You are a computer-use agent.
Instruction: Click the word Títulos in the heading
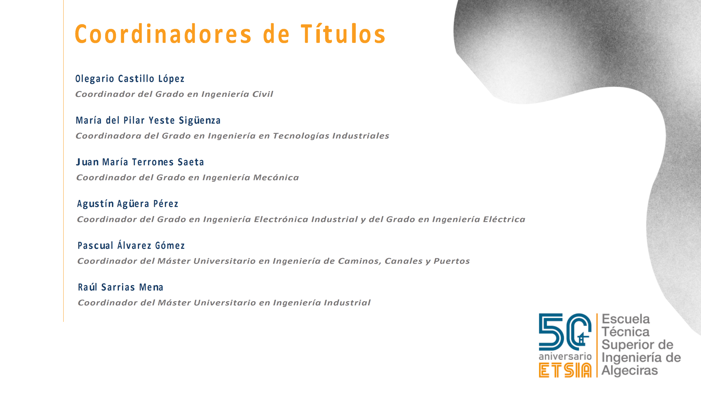(343, 34)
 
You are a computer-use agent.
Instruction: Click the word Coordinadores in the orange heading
(163, 34)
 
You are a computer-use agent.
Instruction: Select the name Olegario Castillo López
(130, 79)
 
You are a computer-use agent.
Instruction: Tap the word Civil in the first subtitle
(263, 94)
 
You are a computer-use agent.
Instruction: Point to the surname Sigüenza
(200, 120)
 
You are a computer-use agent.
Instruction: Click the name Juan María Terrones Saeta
(140, 162)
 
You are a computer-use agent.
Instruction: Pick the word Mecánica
(276, 178)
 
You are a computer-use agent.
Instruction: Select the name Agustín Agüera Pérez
(128, 204)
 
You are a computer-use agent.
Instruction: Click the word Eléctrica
(504, 219)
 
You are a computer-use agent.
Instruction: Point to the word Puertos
(452, 261)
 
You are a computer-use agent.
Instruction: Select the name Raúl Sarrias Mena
(120, 287)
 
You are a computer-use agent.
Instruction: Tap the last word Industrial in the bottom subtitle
(347, 303)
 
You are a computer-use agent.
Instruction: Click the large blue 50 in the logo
(565, 332)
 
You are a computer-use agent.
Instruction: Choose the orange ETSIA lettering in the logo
(565, 370)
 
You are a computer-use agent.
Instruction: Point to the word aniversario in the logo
(565, 357)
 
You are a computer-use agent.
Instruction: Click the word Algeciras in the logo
(630, 371)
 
